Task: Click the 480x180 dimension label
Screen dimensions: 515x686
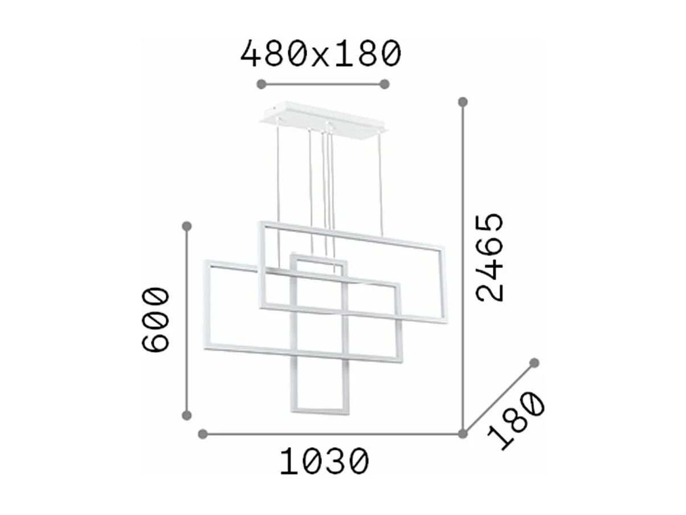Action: pos(321,55)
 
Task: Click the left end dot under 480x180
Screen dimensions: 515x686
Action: pos(262,84)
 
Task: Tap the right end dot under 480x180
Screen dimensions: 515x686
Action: pos(385,84)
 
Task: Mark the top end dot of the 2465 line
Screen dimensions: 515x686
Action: pos(463,102)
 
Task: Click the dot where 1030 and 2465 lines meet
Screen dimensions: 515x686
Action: pos(463,434)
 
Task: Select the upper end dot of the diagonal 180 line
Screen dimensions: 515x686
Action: pos(534,363)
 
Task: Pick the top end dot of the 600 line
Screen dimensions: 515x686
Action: pos(186,226)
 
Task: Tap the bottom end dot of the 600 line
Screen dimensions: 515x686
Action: pos(186,415)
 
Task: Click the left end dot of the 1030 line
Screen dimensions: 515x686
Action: pos(203,434)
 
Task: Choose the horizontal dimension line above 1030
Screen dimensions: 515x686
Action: pos(333,434)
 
